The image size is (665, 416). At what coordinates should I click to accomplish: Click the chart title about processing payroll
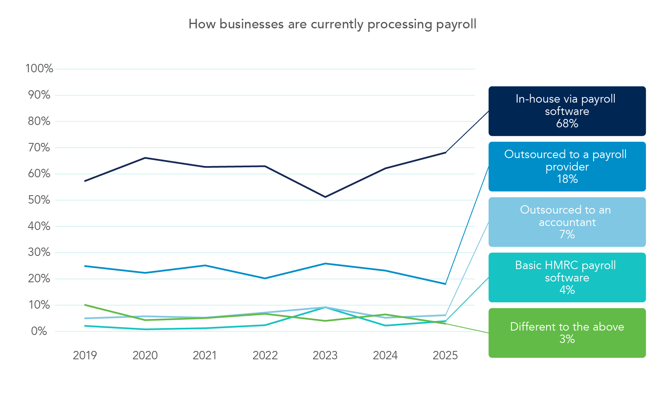pyautogui.click(x=332, y=24)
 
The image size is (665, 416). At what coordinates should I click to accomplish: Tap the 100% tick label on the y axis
pyautogui.click(x=39, y=68)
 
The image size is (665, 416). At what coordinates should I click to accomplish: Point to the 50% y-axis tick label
pyautogui.click(x=39, y=200)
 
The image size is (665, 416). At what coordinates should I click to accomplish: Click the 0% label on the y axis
pyautogui.click(x=39, y=331)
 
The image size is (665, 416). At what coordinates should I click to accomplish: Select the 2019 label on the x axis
pyautogui.click(x=85, y=355)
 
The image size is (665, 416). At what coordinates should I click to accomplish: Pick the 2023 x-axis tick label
pyautogui.click(x=325, y=355)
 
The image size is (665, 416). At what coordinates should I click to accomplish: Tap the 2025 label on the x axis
pyautogui.click(x=445, y=355)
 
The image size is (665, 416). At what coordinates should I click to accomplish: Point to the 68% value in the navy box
pyautogui.click(x=567, y=123)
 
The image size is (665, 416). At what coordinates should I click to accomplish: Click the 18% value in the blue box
pyautogui.click(x=567, y=179)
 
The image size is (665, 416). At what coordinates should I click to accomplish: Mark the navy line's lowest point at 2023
pyautogui.click(x=325, y=197)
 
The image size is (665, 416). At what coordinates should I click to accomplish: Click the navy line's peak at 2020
pyautogui.click(x=145, y=158)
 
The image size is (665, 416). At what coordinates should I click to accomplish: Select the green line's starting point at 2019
pyautogui.click(x=85, y=305)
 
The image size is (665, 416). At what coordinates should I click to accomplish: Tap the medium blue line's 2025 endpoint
pyautogui.click(x=445, y=284)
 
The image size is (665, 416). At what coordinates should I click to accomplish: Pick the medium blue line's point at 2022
pyautogui.click(x=265, y=278)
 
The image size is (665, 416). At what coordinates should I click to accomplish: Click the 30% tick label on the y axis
pyautogui.click(x=39, y=252)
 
